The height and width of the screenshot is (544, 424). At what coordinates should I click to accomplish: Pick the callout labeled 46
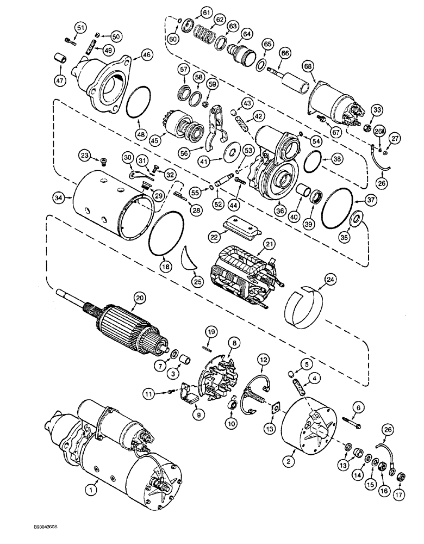146,54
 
